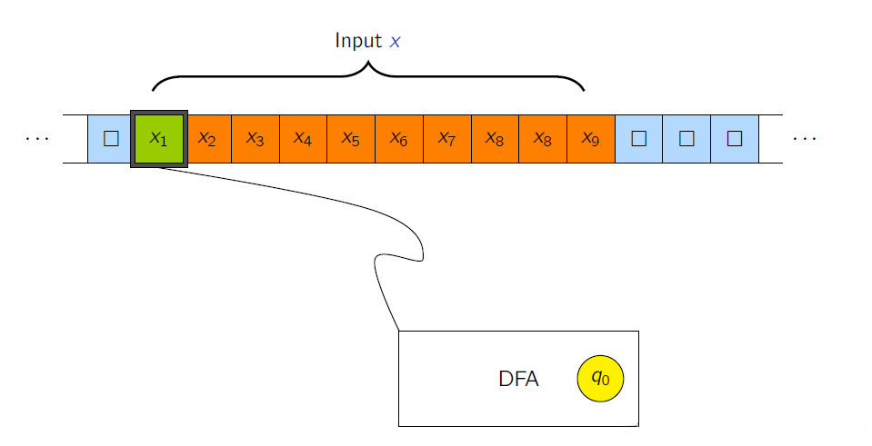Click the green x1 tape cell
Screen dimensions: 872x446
159,139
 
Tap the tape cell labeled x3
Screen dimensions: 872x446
256,139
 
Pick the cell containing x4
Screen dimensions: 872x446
303,139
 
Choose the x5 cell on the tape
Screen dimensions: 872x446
351,139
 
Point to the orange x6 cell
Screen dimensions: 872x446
399,139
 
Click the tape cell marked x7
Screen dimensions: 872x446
447,139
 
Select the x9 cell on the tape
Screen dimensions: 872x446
591,139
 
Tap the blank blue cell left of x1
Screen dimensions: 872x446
109,139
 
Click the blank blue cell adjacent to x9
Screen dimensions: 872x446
638,139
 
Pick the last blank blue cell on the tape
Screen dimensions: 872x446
735,139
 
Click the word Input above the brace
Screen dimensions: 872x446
358,41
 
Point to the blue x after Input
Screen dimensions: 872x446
395,42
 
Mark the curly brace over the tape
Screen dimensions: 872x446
368,75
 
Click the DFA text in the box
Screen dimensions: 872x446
518,379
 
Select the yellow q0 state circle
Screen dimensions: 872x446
601,378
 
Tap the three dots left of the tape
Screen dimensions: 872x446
36,139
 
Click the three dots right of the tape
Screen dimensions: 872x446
805,139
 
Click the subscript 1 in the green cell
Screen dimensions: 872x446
164,144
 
